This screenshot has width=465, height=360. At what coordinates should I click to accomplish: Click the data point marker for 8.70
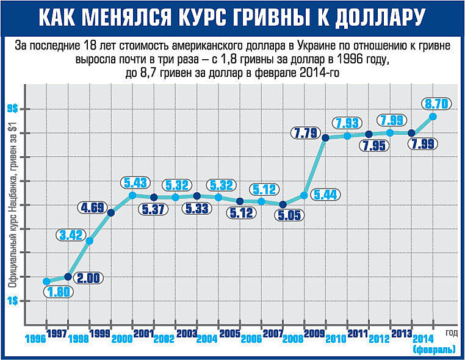pyautogui.click(x=433, y=117)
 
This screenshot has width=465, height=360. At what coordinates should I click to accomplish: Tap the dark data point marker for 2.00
pyautogui.click(x=68, y=276)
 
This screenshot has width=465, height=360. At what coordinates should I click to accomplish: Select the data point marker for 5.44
pyautogui.click(x=304, y=195)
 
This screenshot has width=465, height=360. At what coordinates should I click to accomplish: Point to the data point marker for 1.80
pyautogui.click(x=46, y=281)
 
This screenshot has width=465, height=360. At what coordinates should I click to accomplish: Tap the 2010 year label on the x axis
pyautogui.click(x=337, y=339)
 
